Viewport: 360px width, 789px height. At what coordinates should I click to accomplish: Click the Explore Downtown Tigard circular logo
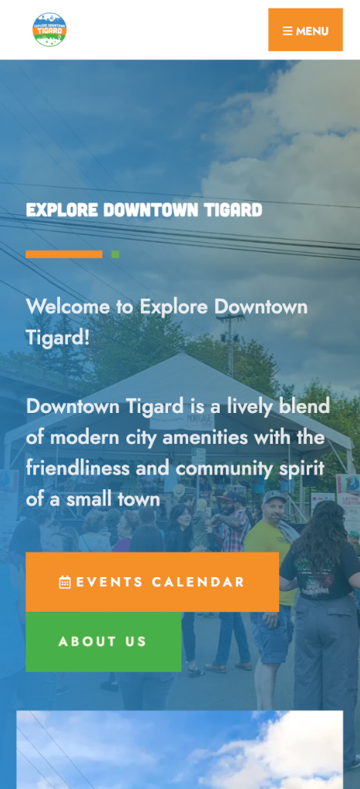pos(49,30)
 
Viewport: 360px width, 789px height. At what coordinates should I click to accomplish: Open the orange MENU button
pos(305,30)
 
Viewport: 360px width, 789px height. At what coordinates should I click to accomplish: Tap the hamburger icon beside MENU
pos(288,31)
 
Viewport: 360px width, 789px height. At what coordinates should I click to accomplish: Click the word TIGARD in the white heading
pos(234,210)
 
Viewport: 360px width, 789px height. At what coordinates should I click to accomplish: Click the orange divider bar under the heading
pos(64,254)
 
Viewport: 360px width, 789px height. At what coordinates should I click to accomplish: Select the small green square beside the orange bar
pos(116,254)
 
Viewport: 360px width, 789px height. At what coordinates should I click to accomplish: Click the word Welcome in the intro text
pos(68,307)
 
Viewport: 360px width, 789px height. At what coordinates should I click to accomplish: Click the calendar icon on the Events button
pos(65,583)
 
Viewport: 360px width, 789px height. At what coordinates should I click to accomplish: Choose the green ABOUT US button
pos(103,642)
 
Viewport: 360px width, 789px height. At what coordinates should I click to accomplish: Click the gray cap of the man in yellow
pos(274,497)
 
